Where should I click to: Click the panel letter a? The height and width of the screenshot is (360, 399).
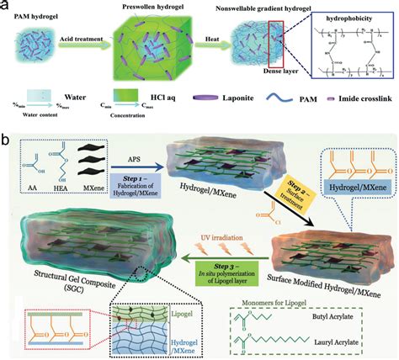click(7, 7)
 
